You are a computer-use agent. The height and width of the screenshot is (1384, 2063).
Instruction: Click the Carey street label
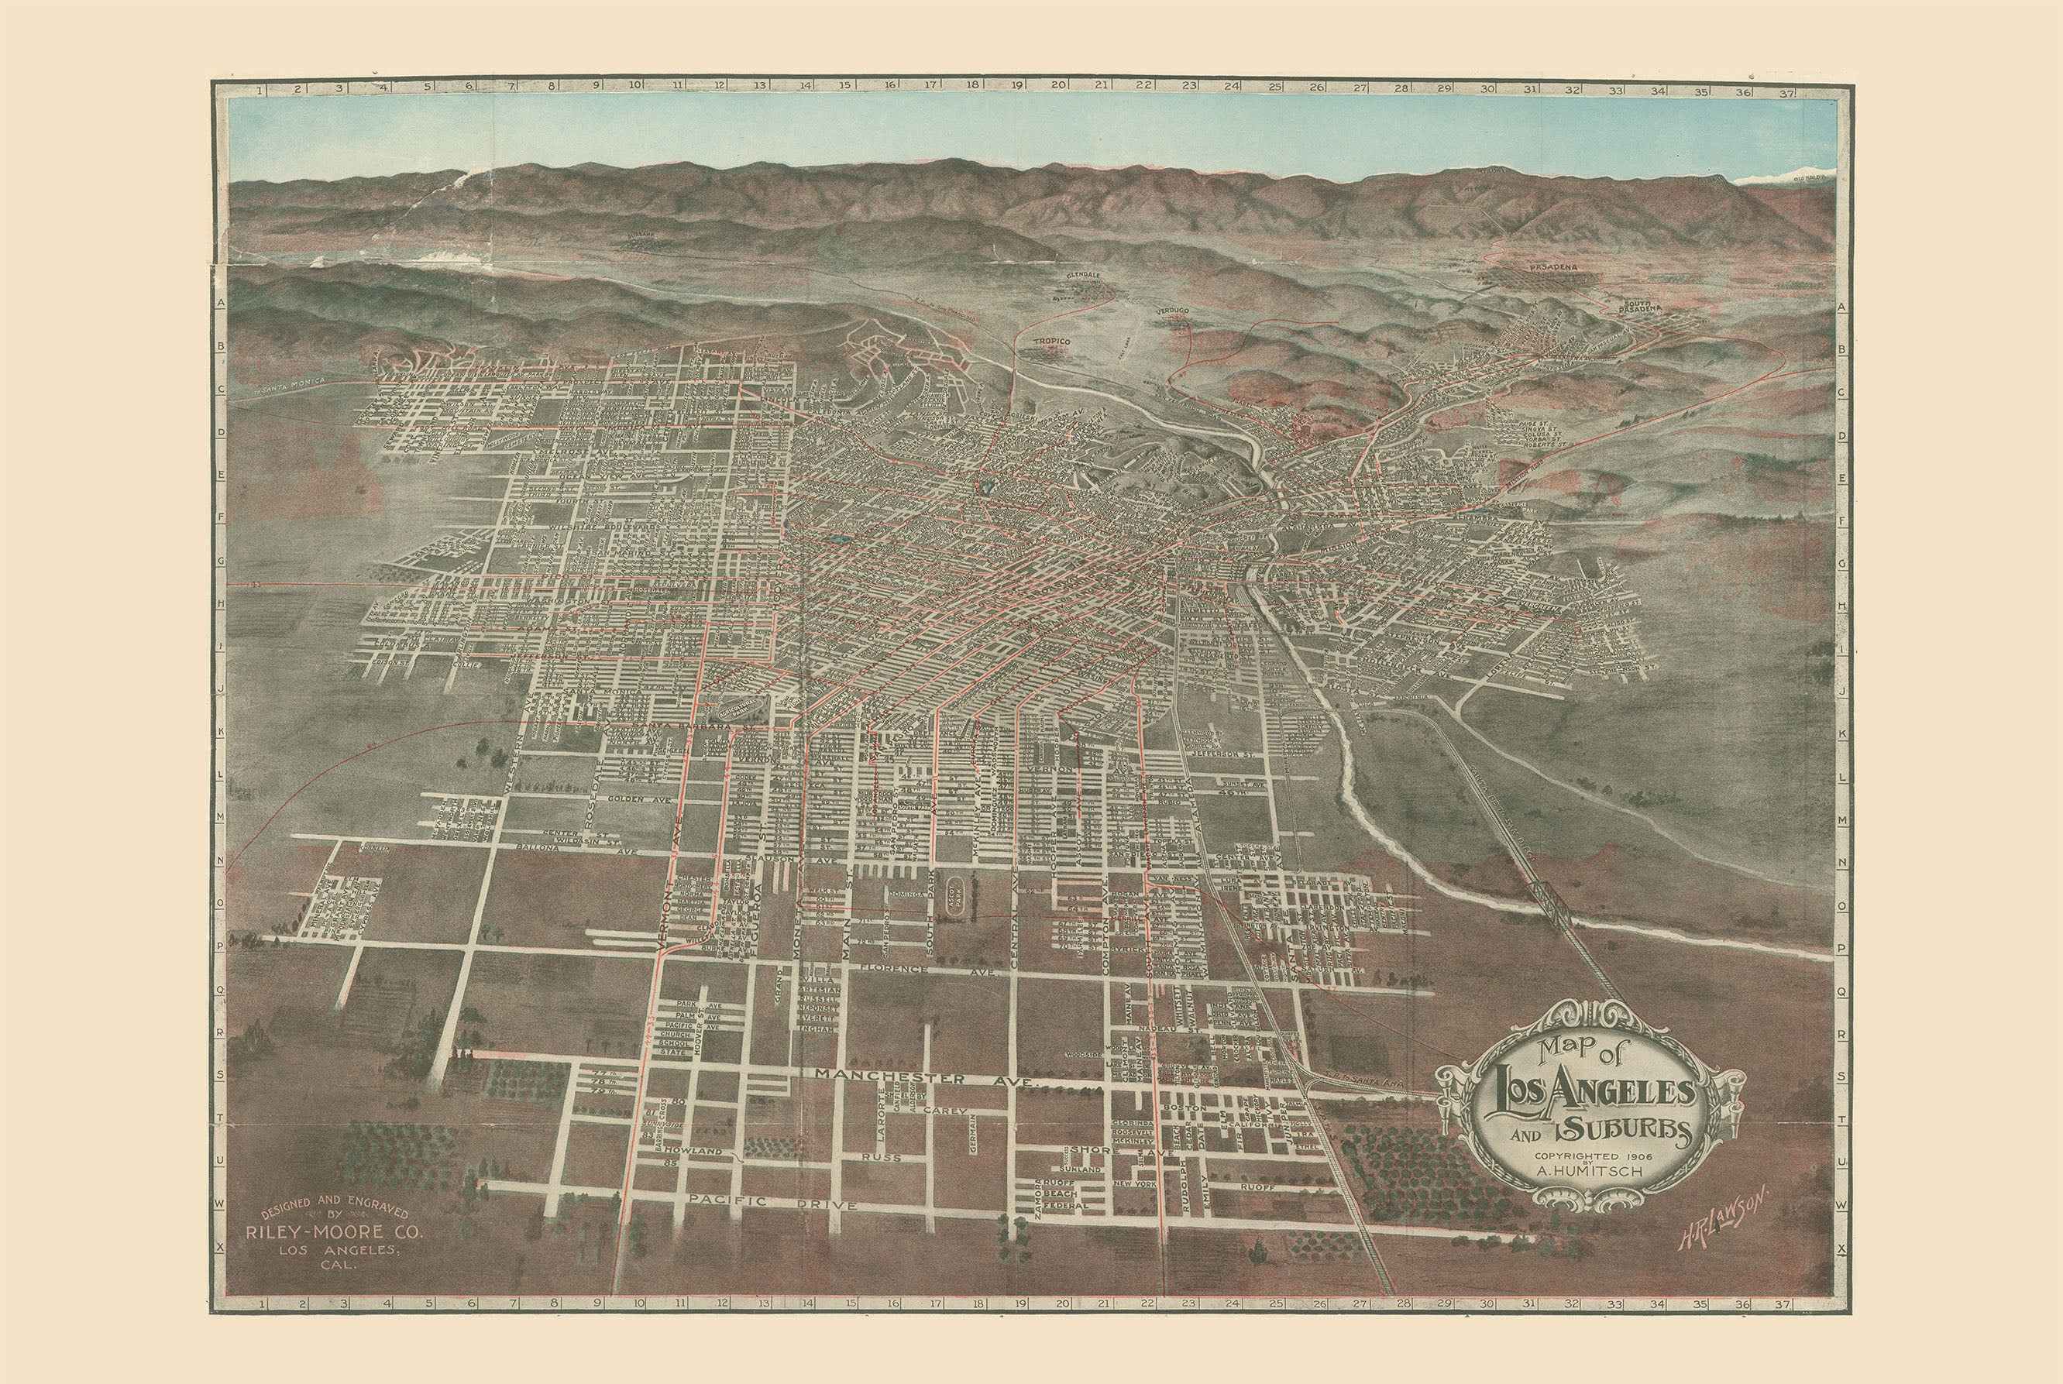tap(947, 1111)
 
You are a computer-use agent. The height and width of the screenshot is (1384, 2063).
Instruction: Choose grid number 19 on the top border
tap(1016, 87)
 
